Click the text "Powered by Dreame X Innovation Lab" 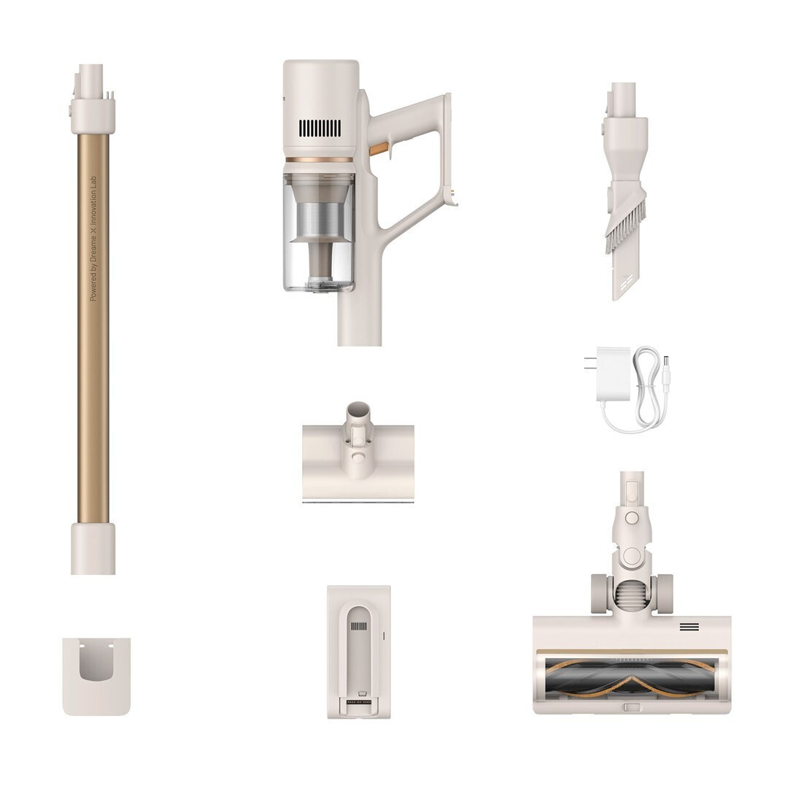[x=93, y=239]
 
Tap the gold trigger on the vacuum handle [x=379, y=150]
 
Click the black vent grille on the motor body [x=320, y=128]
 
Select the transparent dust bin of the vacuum [x=319, y=233]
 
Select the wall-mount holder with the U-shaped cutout [x=96, y=676]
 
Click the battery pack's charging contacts [x=359, y=702]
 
